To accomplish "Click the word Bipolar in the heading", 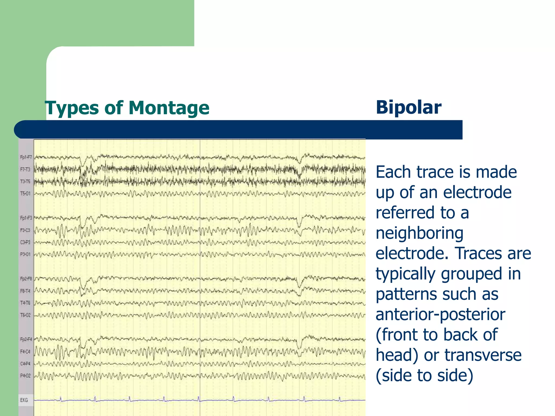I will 408,108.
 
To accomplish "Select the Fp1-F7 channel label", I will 26,157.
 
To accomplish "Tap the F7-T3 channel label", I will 25,170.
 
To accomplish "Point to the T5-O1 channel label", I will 25,193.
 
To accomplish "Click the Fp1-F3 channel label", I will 26,218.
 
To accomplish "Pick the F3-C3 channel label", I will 25,230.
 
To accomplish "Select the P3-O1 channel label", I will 25,254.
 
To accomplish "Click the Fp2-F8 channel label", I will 26,278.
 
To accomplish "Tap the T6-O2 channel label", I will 25,315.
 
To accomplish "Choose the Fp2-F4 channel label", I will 26,339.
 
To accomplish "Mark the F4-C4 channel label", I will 25,352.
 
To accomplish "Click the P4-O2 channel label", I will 25,376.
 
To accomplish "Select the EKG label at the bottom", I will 24,400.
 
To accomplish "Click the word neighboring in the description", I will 420,233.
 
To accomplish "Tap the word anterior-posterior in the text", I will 440,315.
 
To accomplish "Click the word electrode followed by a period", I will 412,253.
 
